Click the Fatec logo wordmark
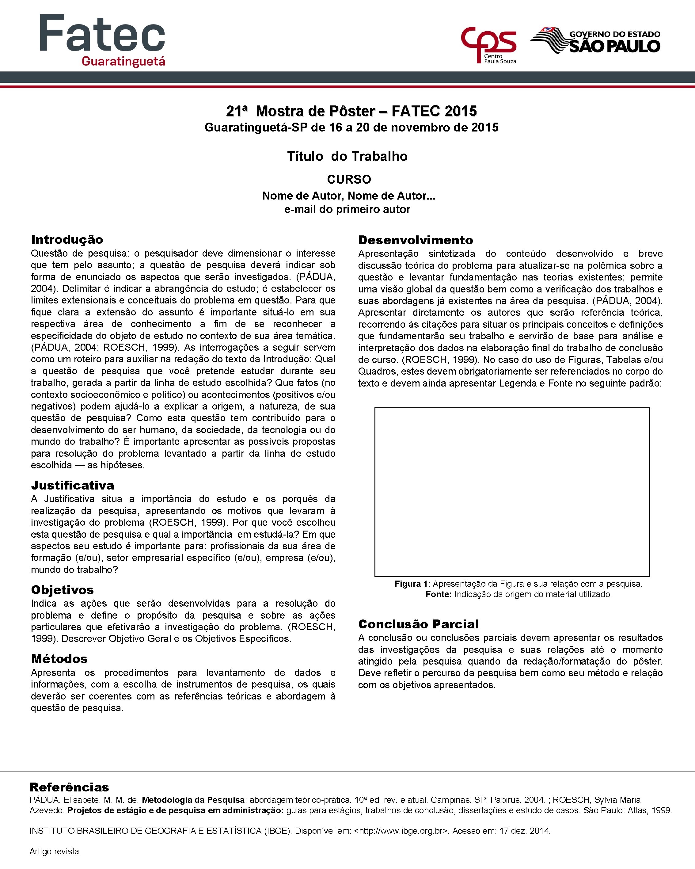coord(102,33)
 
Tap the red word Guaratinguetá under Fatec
coord(123,61)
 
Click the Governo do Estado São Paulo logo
coord(595,41)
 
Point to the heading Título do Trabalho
coord(347,156)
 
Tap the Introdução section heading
coord(67,239)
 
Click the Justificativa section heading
coord(73,485)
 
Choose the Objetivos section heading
coord(63,590)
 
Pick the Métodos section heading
coord(59,659)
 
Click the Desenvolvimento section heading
coord(416,240)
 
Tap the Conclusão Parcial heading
coord(419,624)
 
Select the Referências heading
coord(69,787)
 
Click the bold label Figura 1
coord(411,584)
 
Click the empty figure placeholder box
coord(512,492)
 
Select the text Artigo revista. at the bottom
coord(55,852)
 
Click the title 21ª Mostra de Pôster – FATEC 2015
coord(351,111)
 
